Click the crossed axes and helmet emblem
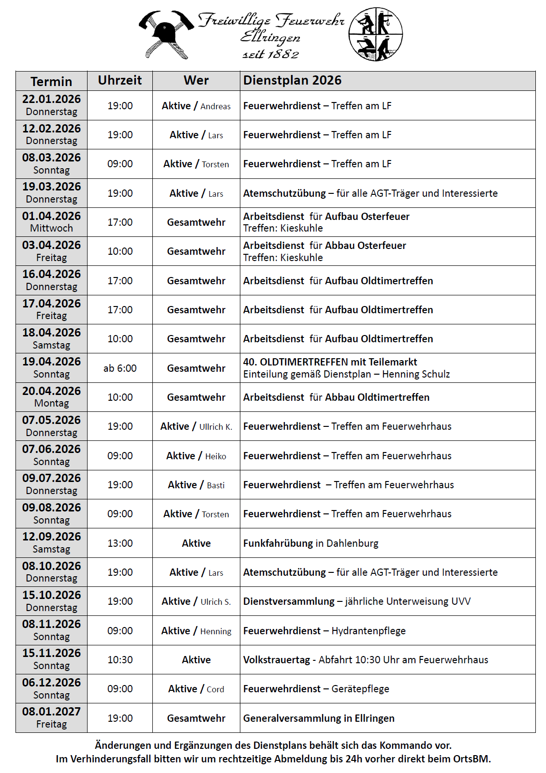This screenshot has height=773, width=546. pos(166,34)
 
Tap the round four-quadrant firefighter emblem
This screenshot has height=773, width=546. pos(375,34)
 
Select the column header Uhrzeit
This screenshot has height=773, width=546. pos(120,80)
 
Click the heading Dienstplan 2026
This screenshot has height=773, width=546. pos(292,80)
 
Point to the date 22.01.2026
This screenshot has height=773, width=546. pos(51,99)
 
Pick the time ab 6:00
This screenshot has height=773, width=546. pos(120,368)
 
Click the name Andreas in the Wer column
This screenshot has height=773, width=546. pos(216,106)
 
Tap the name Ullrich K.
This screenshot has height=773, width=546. pos(216,427)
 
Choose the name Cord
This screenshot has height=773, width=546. pos(215,689)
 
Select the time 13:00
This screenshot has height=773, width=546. pos(120,543)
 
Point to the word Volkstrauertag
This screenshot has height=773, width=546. pos(277,660)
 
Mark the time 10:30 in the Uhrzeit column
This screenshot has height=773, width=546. pos(120,660)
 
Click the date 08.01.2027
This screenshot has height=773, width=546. pos(51,712)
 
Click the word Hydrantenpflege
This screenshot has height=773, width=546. pos(369,631)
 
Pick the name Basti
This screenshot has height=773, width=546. pos(216,485)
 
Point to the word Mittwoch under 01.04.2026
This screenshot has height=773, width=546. pos(51,228)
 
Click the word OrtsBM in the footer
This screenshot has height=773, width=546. pos(471,759)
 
